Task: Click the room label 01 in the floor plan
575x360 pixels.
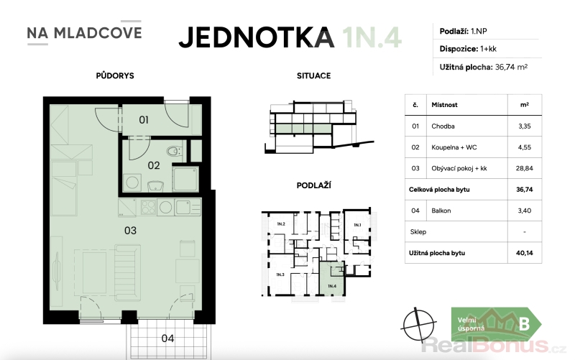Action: click(144, 120)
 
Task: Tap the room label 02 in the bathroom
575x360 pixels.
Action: click(154, 165)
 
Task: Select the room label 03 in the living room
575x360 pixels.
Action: click(130, 231)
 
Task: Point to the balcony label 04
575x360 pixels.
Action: click(167, 338)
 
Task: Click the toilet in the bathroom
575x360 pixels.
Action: click(174, 151)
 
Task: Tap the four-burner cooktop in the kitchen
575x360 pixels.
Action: click(148, 207)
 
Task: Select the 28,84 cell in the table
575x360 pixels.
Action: click(525, 168)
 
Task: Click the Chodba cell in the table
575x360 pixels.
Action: click(443, 126)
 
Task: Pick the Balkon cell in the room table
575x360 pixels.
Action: click(441, 211)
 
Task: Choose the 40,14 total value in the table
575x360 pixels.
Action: click(525, 253)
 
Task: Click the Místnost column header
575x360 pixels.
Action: click(444, 105)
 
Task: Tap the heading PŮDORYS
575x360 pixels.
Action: click(115, 75)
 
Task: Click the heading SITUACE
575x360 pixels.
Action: click(313, 76)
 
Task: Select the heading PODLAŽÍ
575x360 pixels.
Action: click(313, 185)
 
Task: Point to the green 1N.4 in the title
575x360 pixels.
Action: click(372, 37)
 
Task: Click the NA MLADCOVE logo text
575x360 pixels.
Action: click(84, 33)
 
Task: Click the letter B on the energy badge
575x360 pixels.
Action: click(525, 324)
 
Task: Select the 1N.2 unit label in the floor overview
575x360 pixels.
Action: click(281, 224)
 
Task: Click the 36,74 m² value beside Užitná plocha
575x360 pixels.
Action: click(511, 67)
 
